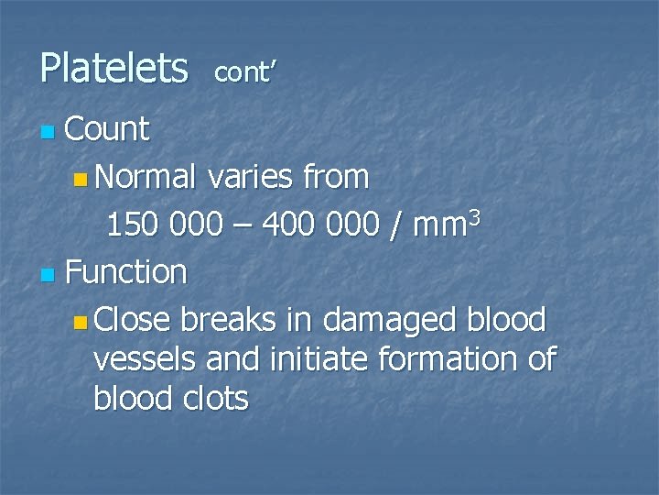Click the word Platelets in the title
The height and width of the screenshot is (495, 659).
113,69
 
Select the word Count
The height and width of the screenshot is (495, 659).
107,130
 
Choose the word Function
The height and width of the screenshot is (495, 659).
126,272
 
